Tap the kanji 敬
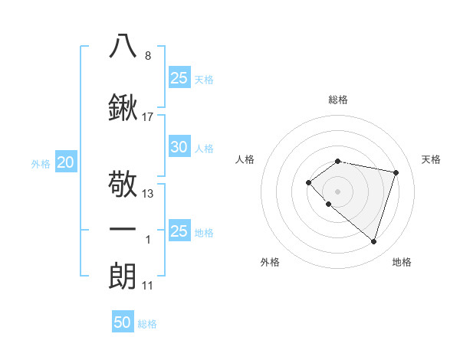point(123,185)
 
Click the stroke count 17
point(148,117)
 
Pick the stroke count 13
point(148,194)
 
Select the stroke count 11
point(148,286)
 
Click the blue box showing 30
point(179,147)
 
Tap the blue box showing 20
point(66,162)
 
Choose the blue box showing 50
point(123,322)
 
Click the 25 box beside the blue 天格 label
point(179,78)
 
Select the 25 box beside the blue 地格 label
point(179,231)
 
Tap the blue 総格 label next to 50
point(147,324)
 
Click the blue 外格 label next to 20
point(41,163)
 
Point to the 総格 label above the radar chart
point(338,100)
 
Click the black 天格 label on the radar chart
point(432,159)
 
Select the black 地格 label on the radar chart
point(402,262)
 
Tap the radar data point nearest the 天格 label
point(396,172)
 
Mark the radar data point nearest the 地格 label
point(373,241)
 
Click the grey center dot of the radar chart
point(337,191)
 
